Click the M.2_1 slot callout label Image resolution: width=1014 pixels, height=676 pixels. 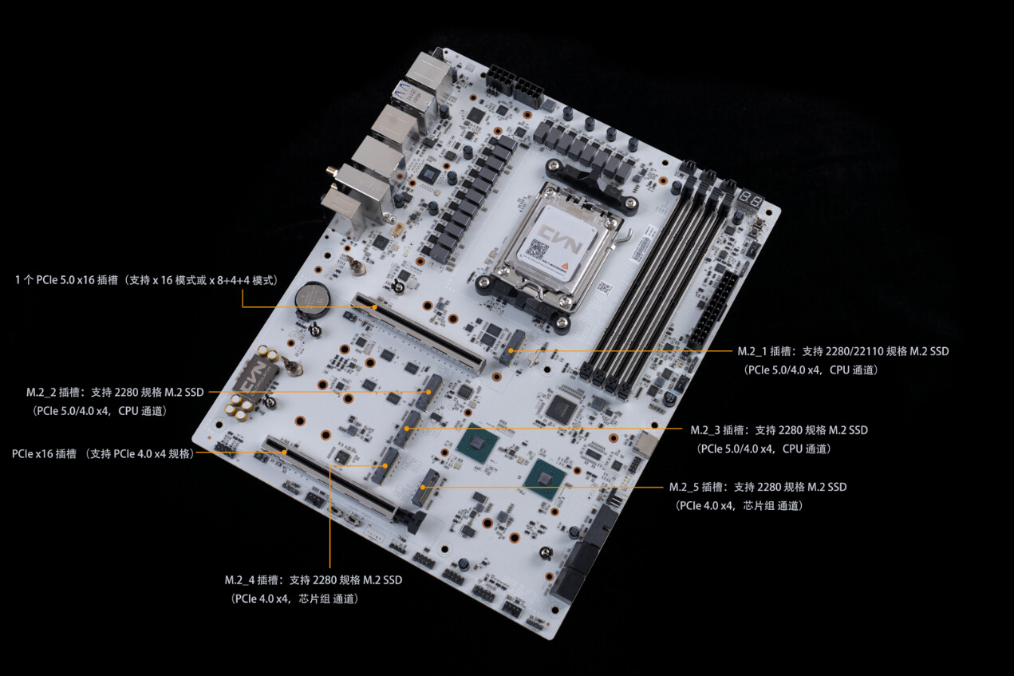[x=843, y=361]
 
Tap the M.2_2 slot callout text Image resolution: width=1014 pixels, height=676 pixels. [x=115, y=401]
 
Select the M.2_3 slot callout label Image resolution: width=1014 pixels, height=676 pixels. [x=779, y=439]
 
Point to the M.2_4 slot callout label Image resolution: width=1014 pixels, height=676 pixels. [x=314, y=589]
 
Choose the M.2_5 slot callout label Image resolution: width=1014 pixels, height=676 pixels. [x=758, y=496]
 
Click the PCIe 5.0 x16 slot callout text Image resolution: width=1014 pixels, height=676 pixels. [x=146, y=280]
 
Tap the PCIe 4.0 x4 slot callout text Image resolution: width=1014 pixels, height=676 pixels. [x=103, y=453]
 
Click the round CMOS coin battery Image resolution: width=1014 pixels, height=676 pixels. [x=313, y=298]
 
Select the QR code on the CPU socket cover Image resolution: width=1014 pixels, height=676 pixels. [x=536, y=248]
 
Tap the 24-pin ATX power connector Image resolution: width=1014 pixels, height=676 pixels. [x=713, y=307]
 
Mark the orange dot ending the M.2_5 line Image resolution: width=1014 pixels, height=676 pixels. [x=423, y=487]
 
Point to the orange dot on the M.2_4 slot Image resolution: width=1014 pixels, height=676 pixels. [x=385, y=465]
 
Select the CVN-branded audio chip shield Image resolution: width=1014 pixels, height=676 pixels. [x=254, y=379]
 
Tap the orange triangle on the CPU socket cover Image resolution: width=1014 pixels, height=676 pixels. [x=565, y=267]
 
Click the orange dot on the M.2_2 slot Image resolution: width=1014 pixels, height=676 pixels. [x=428, y=392]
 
